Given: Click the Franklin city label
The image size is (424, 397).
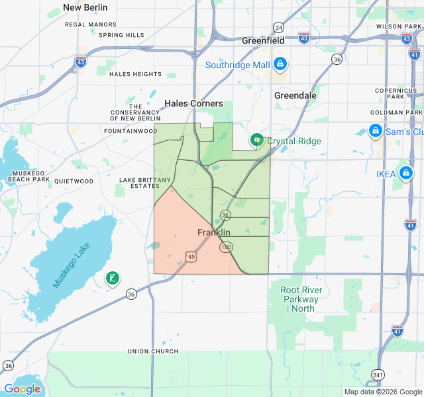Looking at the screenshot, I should click(x=214, y=232).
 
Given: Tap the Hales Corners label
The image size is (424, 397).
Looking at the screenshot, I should click(x=194, y=103).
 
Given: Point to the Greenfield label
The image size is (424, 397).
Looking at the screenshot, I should click(x=263, y=40).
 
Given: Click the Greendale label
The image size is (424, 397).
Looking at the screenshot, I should click(x=295, y=95).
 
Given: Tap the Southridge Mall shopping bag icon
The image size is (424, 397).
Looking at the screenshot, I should click(x=280, y=64).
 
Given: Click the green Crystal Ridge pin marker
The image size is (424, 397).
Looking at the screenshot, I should click(x=256, y=140).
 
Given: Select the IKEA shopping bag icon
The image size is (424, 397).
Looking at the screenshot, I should click(x=405, y=174).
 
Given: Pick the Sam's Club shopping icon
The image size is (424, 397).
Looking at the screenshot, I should click(x=376, y=131).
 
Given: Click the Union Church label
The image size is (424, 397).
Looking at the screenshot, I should click(x=153, y=351).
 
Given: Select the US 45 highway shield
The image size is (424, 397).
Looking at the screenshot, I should click(x=191, y=256).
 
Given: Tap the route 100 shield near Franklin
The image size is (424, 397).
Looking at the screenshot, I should click(x=227, y=247).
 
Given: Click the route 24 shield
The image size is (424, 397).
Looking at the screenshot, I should click(x=279, y=27).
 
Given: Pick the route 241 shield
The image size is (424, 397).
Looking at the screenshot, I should click(x=378, y=374).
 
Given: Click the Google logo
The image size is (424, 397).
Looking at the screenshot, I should click(x=22, y=389).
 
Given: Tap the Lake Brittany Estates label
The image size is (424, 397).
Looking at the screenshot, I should click(x=145, y=183).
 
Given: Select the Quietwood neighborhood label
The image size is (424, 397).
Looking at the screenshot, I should click(x=74, y=181).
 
